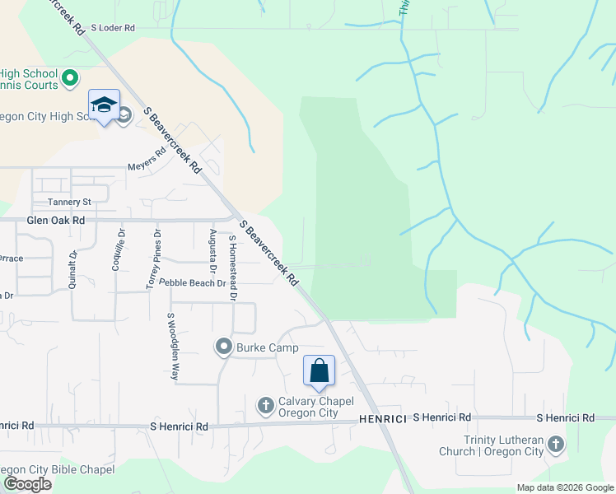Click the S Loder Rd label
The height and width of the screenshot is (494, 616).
coord(112,27)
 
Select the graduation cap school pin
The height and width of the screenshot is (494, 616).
coord(105,105)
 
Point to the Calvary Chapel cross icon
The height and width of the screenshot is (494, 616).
coord(265,405)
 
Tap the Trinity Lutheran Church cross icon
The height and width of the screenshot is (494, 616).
coord(556,445)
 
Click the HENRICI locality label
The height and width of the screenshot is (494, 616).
coord(383,419)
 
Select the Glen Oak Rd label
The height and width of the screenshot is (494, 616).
coord(55,221)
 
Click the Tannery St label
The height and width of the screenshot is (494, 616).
coord(69,202)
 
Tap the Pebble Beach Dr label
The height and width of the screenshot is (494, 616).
coord(192,282)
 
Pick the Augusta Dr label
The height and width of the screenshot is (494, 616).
coord(212,254)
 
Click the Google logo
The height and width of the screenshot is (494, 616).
coord(27,484)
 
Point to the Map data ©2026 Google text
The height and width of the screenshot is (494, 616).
coord(564,487)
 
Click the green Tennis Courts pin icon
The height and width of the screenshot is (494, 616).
coord(70,79)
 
